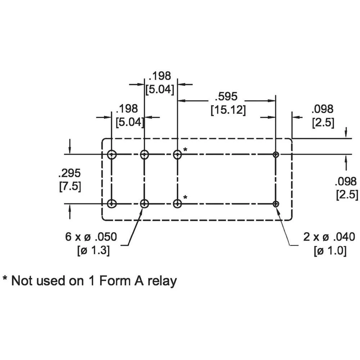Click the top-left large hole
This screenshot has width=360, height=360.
tap(112, 154)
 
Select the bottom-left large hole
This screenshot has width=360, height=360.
tap(112, 204)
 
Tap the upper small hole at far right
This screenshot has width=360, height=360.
tap(276, 154)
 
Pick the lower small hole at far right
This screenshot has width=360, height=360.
tap(276, 204)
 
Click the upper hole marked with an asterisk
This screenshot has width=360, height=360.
tap(177, 154)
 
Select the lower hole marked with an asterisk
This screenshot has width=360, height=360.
tap(177, 204)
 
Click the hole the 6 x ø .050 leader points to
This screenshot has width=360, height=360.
tap(144, 204)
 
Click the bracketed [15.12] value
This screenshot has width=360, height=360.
tap(228, 110)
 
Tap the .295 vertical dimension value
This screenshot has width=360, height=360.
tap(69, 173)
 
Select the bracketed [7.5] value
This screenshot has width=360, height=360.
tap(69, 187)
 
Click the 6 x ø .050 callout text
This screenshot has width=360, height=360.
tap(91, 237)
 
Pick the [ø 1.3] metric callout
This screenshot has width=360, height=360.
tap(94, 250)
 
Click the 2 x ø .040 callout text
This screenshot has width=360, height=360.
tap(329, 237)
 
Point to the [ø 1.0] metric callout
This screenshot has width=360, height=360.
tap(330, 250)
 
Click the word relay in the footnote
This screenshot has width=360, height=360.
tap(163, 280)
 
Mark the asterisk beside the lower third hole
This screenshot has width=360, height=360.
tap(185, 197)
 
